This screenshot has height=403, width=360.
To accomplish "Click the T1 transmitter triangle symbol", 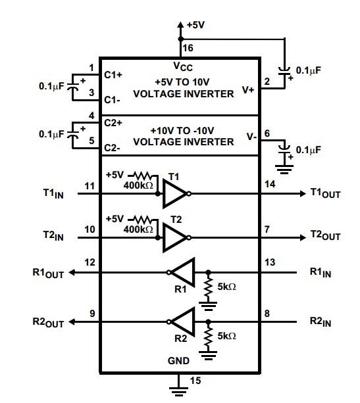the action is [174, 193].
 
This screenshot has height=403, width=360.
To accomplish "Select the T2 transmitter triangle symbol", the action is [174, 237].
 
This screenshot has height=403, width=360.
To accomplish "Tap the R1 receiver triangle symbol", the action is [183, 272].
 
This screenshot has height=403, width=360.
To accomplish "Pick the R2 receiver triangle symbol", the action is [183, 321].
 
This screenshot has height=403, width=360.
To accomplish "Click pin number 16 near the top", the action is [188, 48].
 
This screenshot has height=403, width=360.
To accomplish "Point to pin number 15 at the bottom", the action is [195, 381].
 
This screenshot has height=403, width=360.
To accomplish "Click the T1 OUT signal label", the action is [326, 193].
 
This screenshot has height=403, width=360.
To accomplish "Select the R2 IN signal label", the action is [321, 321].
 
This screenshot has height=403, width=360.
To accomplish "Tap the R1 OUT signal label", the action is [48, 273].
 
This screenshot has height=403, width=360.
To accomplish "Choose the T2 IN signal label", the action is [53, 235].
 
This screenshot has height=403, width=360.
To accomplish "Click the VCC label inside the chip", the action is [183, 66].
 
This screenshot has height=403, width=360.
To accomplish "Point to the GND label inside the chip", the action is [178, 361].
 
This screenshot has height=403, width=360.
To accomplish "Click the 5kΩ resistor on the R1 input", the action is [209, 287].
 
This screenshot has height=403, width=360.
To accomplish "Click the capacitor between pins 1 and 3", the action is [73, 86].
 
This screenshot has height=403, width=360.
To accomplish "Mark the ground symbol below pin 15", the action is [178, 391].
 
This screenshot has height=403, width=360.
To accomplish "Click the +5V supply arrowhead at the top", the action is [180, 25].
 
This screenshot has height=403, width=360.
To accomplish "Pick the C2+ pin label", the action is [113, 123].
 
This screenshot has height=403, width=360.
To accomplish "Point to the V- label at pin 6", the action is [251, 137].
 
